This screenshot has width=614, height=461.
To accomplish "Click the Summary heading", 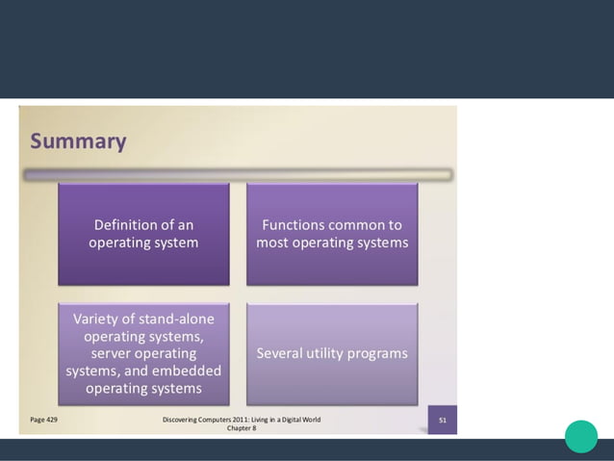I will (x=78, y=141).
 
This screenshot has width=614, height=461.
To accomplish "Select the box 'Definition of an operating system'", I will (x=143, y=234).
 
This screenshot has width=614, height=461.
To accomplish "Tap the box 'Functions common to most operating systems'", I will (x=332, y=234).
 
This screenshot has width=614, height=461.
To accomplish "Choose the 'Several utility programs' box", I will (x=332, y=353).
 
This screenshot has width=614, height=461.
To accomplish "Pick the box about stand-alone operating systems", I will (x=143, y=353).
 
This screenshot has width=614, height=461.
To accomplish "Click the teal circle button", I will (x=581, y=436).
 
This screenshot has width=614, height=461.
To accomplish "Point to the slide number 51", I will (x=442, y=420).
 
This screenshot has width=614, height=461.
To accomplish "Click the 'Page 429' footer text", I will (x=43, y=420).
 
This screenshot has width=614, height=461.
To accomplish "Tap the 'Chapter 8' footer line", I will (x=241, y=428).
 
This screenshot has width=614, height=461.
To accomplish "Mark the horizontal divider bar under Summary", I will (x=238, y=175).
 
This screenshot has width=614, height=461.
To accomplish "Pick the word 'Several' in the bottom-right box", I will (x=280, y=353).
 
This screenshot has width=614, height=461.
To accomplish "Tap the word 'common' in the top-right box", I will (x=356, y=225).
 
